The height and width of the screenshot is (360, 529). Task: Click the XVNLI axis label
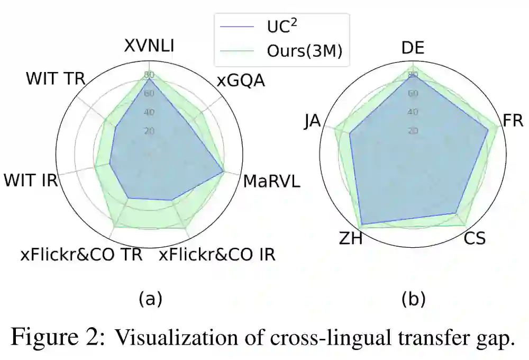[x=149, y=46]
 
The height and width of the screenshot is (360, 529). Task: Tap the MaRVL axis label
[x=271, y=182]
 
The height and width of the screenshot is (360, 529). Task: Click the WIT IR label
[x=31, y=180]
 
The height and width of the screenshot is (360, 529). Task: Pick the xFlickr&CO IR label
[x=217, y=255]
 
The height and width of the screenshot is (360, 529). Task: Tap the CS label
[x=475, y=239]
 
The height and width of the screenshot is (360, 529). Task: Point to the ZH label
[x=350, y=239]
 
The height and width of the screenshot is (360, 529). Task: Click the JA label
[x=312, y=121]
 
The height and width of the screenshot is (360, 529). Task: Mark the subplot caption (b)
[x=413, y=300]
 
